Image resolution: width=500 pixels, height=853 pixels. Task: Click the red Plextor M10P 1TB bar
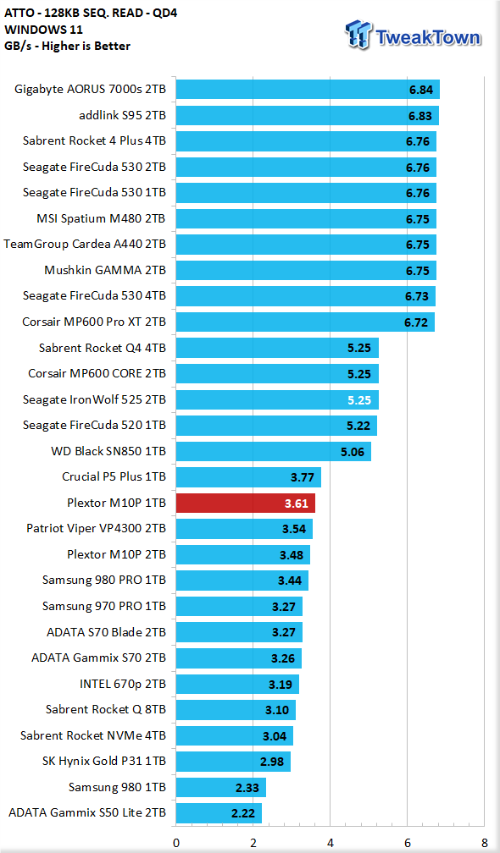tap(245, 504)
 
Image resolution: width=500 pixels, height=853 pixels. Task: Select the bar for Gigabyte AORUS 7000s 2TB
tap(307, 89)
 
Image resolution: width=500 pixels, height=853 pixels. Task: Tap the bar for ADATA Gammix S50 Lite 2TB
tap(219, 813)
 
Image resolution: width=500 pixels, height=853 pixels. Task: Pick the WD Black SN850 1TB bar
tap(273, 452)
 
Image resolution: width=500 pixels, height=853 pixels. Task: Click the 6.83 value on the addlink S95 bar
tap(420, 115)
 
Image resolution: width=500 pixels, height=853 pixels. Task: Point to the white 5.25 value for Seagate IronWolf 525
tap(359, 399)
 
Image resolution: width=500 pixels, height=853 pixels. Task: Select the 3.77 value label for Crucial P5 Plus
tap(302, 477)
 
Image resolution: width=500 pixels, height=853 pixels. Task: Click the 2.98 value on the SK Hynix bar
tap(272, 762)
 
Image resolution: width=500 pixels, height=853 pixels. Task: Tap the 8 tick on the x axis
tap(484, 843)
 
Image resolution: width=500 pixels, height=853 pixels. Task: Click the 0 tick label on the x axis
tap(176, 843)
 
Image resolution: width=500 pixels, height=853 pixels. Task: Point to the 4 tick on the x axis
tap(330, 843)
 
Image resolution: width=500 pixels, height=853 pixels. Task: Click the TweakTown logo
tap(413, 35)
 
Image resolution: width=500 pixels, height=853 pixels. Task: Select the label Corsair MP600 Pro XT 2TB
tap(94, 322)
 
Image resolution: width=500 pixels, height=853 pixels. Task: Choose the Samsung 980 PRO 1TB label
tap(104, 581)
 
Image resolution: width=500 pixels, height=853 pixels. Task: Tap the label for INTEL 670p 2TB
tap(123, 684)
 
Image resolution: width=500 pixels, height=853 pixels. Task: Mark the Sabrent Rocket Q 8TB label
tap(106, 710)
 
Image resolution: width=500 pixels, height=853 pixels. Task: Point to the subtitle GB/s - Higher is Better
tap(67, 47)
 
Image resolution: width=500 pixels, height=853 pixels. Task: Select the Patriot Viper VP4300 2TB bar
tap(244, 529)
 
